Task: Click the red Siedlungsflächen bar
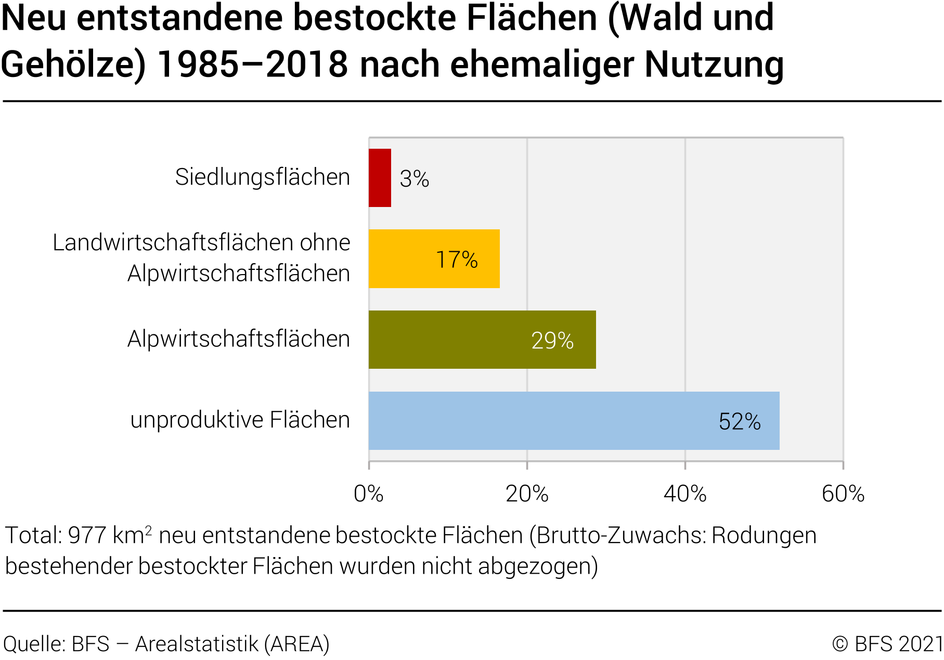click(380, 178)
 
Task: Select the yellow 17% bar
click(434, 258)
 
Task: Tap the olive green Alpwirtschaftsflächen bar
click(482, 340)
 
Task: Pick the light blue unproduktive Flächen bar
click(574, 421)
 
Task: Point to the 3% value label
click(415, 179)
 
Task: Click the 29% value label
click(552, 341)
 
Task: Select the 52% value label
click(740, 422)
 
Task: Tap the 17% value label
click(457, 260)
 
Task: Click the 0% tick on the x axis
click(368, 494)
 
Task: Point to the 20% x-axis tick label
click(527, 494)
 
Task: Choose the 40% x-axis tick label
click(685, 494)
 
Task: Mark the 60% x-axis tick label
click(843, 494)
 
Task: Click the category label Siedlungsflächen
click(263, 177)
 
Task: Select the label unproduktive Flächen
click(240, 420)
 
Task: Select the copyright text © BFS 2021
click(887, 644)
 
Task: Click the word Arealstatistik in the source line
click(197, 644)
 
